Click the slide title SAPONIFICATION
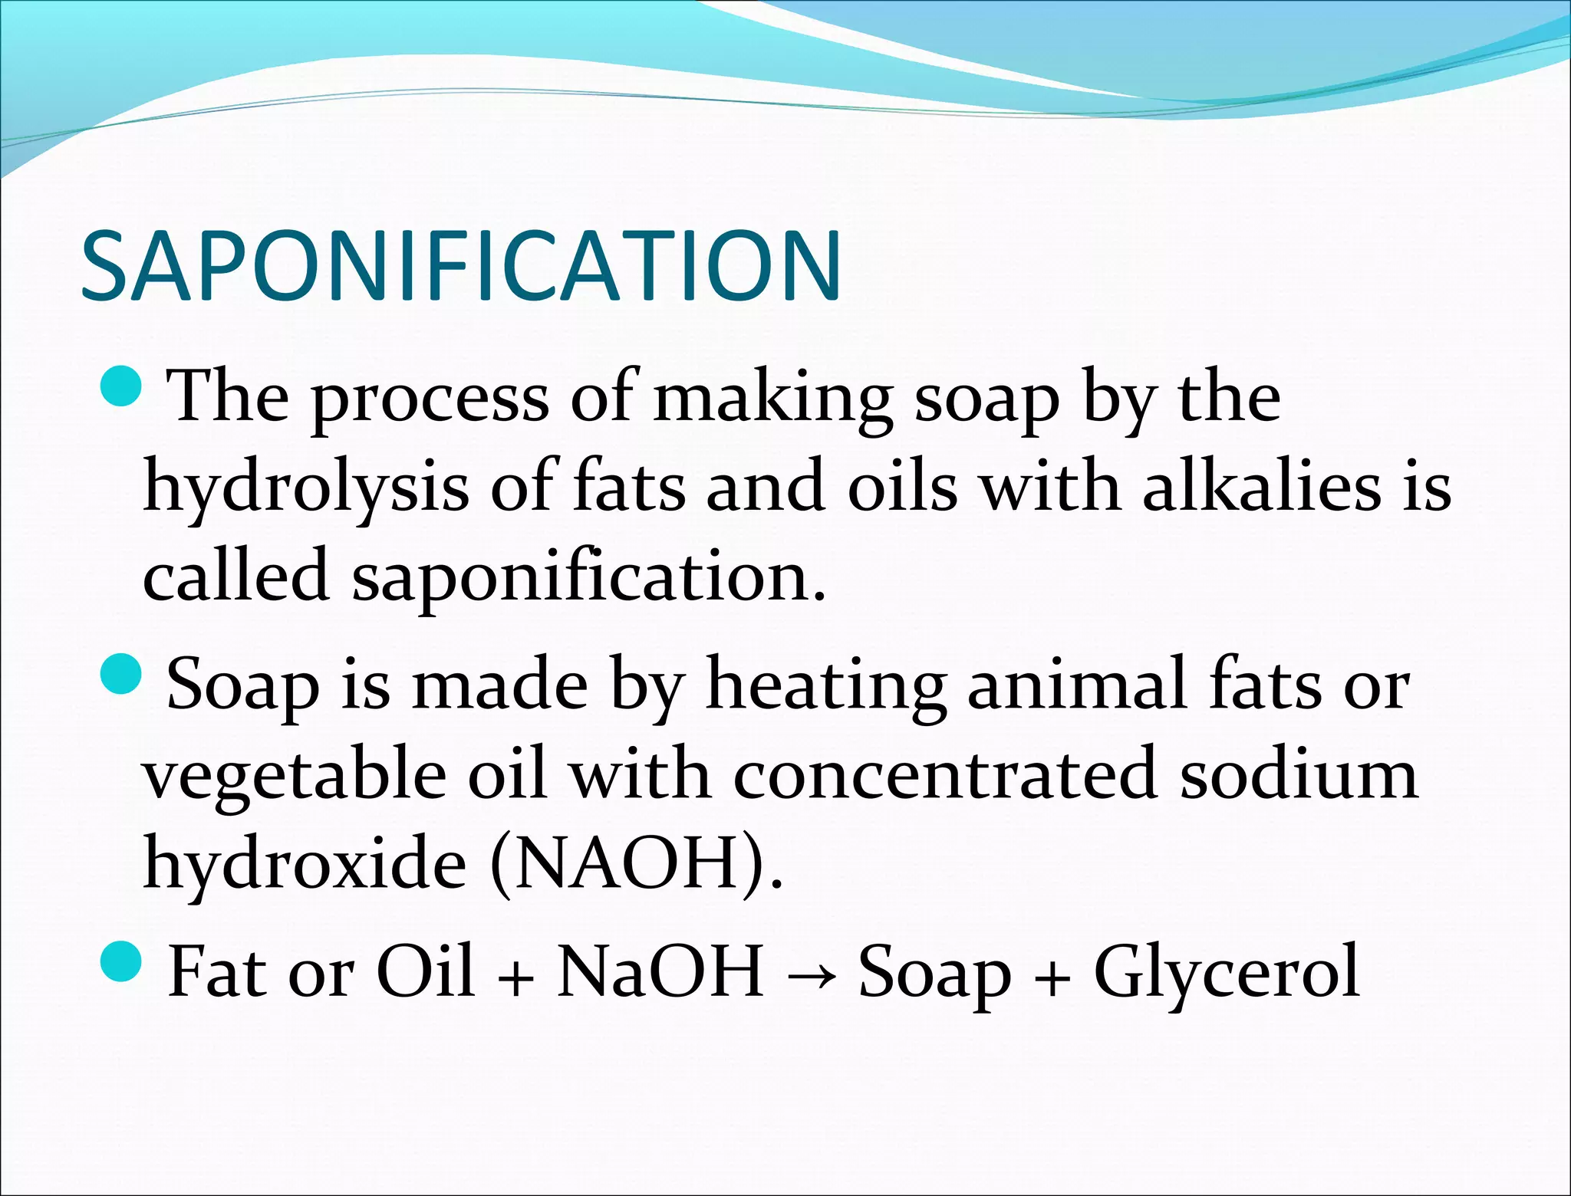pyautogui.click(x=461, y=266)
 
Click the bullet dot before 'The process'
pyautogui.click(x=121, y=386)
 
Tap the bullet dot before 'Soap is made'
pyautogui.click(x=121, y=673)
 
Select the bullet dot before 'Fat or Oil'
pyautogui.click(x=121, y=961)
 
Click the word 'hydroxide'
pyautogui.click(x=305, y=862)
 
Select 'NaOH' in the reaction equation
pyautogui.click(x=660, y=972)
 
